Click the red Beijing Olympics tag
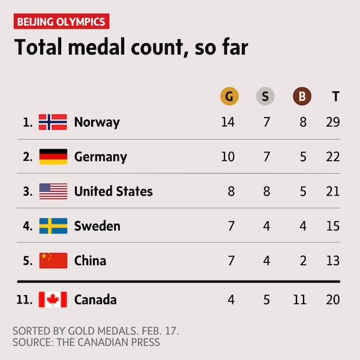[61, 22]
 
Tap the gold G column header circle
[227, 96]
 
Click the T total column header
[335, 96]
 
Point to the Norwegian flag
[53, 122]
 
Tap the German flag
[53, 157]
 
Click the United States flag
[53, 191]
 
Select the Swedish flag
[53, 226]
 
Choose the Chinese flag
[53, 260]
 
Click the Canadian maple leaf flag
[53, 299]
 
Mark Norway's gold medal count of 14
[227, 122]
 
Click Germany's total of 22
[333, 157]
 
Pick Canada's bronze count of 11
[299, 299]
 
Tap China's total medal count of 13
[333, 260]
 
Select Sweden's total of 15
[333, 226]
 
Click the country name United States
[113, 191]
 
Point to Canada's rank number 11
[24, 299]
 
